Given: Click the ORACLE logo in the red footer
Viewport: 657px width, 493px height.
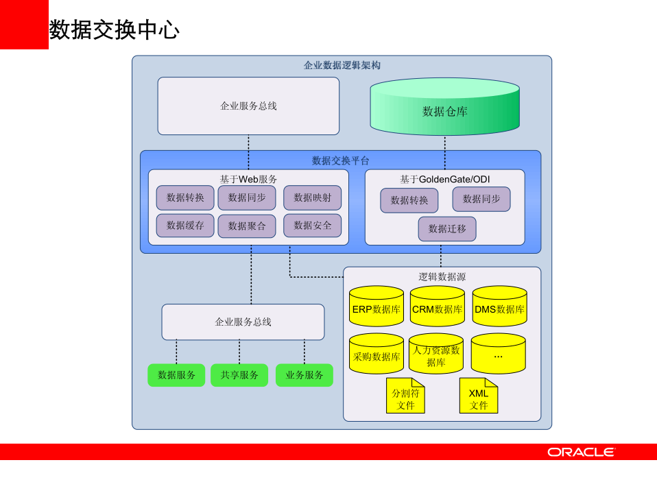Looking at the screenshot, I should point(581,452).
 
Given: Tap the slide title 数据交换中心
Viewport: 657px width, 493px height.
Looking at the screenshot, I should point(114,29).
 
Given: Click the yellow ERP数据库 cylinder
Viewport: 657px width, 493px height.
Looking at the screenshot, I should point(377,306).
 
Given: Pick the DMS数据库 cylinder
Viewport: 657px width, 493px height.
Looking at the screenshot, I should point(499,306).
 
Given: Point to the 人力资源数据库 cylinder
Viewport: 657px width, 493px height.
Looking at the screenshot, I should point(436,354).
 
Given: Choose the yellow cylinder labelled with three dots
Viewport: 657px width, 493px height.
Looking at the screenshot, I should point(498,354).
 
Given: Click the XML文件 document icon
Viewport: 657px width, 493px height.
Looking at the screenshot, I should point(479,396).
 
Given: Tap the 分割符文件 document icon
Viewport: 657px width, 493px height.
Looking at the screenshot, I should point(405,396).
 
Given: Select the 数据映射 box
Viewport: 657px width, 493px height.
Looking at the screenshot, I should point(312,197).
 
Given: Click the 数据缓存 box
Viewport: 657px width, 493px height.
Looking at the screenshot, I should point(185,226).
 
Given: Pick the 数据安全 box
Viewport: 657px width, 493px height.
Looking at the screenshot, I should point(312,226).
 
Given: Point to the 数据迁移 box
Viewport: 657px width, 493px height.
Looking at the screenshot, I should point(447,229).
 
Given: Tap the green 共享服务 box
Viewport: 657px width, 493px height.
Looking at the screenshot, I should point(239,375).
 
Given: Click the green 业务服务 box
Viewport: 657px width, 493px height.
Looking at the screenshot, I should point(304,375).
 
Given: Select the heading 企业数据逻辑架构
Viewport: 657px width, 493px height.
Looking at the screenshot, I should point(342,66).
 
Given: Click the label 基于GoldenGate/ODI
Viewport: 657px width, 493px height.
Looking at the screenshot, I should point(445,180).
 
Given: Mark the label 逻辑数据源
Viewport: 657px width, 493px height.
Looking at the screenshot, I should point(442,277).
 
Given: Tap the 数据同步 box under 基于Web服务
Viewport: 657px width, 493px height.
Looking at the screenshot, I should point(247,197).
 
